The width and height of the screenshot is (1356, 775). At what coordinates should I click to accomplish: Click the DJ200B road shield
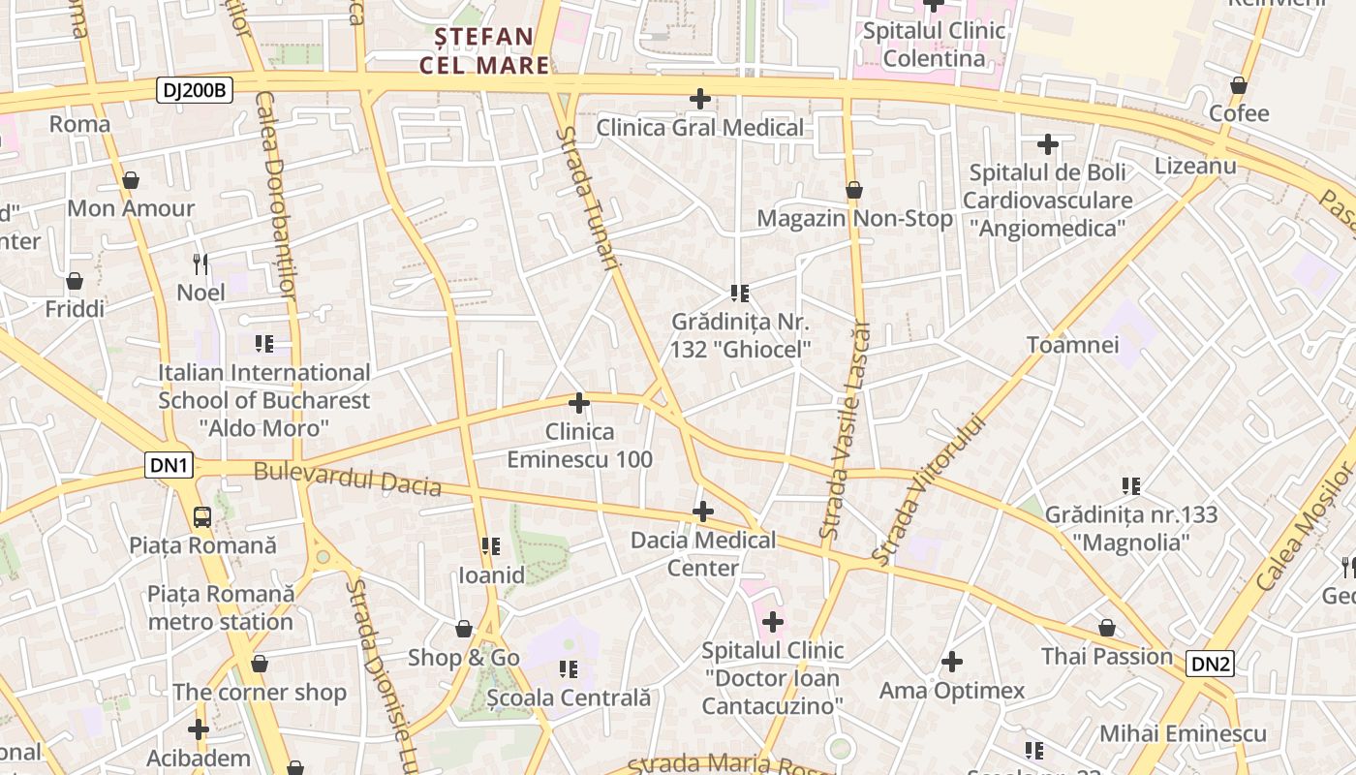pyautogui.click(x=195, y=91)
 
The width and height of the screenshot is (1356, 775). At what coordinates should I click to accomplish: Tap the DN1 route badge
pyautogui.click(x=169, y=466)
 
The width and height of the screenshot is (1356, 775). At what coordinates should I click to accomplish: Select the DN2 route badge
pyautogui.click(x=1211, y=664)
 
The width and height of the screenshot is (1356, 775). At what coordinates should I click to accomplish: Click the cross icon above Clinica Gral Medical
pyautogui.click(x=699, y=99)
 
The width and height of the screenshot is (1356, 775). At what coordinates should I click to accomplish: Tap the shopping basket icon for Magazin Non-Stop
pyautogui.click(x=853, y=190)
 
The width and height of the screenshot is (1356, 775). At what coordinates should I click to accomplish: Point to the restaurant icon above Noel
pyautogui.click(x=200, y=263)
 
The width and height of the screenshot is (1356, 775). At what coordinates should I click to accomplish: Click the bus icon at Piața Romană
pyautogui.click(x=202, y=516)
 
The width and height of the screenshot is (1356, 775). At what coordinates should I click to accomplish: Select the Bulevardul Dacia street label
pyautogui.click(x=348, y=479)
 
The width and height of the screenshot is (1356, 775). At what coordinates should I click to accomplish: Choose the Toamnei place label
pyautogui.click(x=1072, y=345)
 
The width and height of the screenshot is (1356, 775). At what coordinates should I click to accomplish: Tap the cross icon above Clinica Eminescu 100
pyautogui.click(x=579, y=403)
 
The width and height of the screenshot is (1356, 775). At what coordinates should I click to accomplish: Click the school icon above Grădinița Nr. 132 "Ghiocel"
pyautogui.click(x=740, y=293)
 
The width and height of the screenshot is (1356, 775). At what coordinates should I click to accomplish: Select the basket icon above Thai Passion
pyautogui.click(x=1106, y=629)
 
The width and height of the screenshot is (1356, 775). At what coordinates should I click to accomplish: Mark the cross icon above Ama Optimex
pyautogui.click(x=952, y=662)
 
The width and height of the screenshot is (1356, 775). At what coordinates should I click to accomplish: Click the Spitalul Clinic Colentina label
pyautogui.click(x=934, y=45)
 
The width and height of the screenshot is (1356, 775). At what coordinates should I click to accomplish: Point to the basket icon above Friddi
pyautogui.click(x=75, y=281)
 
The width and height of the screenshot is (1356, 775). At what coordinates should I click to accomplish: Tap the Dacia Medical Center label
pyautogui.click(x=703, y=553)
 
